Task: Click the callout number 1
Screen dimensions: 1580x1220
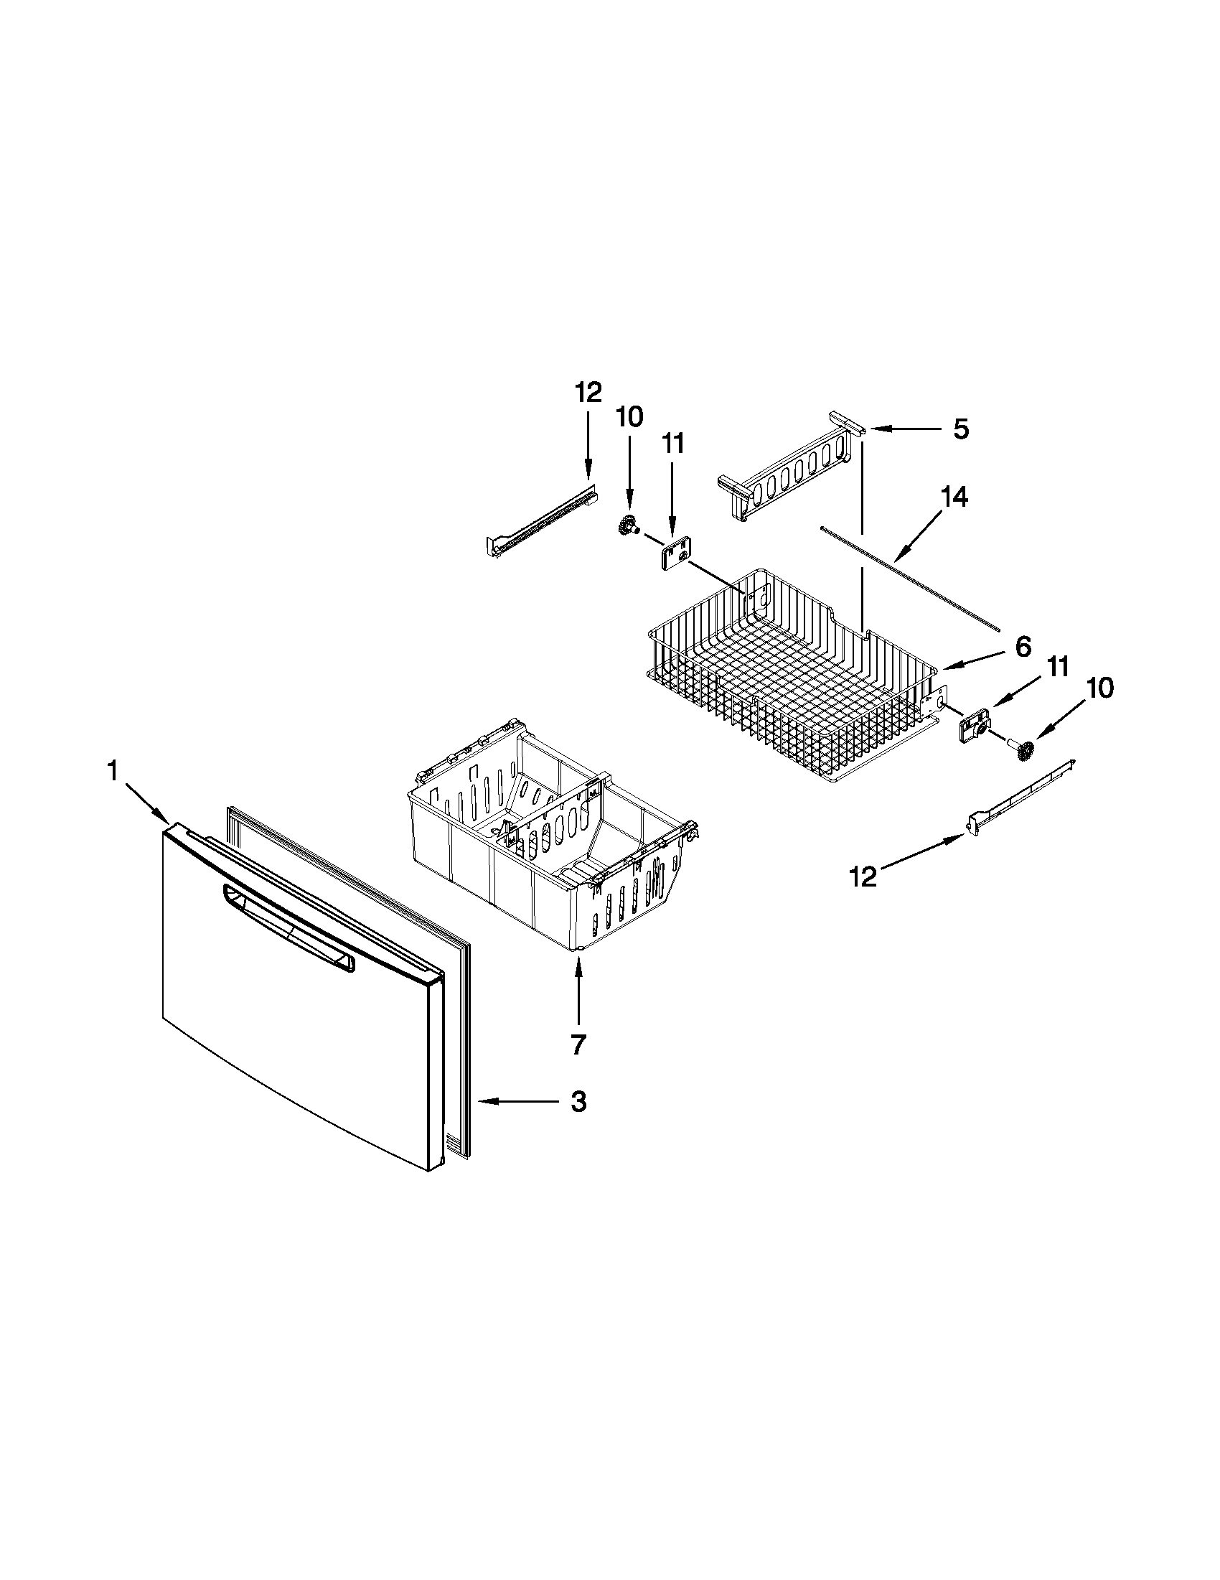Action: pos(113,772)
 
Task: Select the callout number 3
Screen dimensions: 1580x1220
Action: pos(578,1102)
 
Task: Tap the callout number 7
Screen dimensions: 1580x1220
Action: pos(578,1044)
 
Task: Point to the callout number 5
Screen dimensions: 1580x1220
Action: pos(960,429)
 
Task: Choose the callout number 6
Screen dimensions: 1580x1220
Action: pos(1023,646)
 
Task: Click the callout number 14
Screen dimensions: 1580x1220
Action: pos(954,497)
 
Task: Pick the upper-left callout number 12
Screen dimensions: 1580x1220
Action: pos(588,393)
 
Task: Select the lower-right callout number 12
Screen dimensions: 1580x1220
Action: pos(863,877)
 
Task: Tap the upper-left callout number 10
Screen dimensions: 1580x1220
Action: pos(629,417)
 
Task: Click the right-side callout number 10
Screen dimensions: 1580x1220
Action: pos(1099,688)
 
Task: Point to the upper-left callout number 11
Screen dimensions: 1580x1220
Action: pos(672,443)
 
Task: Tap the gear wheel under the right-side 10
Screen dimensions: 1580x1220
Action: pos(1023,752)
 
